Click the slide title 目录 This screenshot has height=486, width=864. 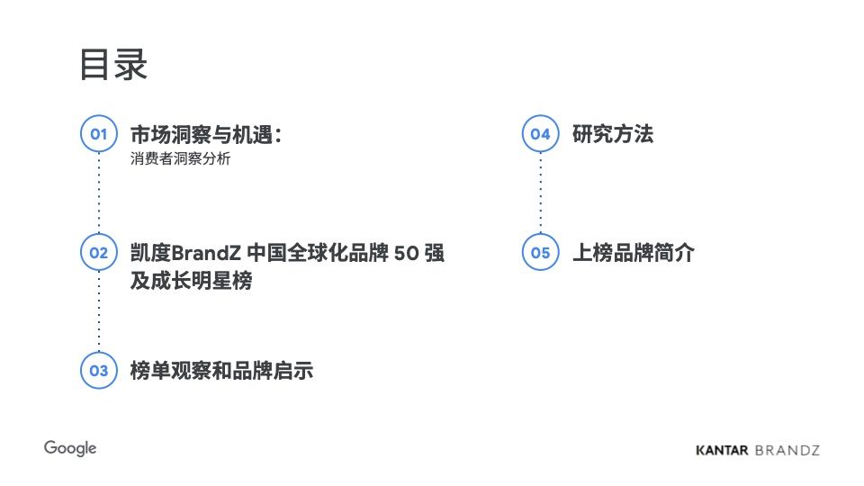point(113,65)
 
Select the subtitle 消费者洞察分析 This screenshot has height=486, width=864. point(180,158)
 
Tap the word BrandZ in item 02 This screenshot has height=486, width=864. point(206,253)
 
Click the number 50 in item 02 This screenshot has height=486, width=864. point(406,254)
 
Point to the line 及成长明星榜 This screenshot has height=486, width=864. point(191,281)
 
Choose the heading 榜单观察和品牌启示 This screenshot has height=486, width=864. point(221,371)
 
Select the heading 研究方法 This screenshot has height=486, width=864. point(613,134)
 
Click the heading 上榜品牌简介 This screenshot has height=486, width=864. point(633,253)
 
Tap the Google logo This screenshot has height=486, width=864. point(70,448)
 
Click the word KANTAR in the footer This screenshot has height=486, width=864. point(722,450)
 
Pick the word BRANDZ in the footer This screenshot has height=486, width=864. point(787,450)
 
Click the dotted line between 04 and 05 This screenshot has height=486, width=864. point(541,193)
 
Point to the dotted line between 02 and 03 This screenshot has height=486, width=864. point(99,311)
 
